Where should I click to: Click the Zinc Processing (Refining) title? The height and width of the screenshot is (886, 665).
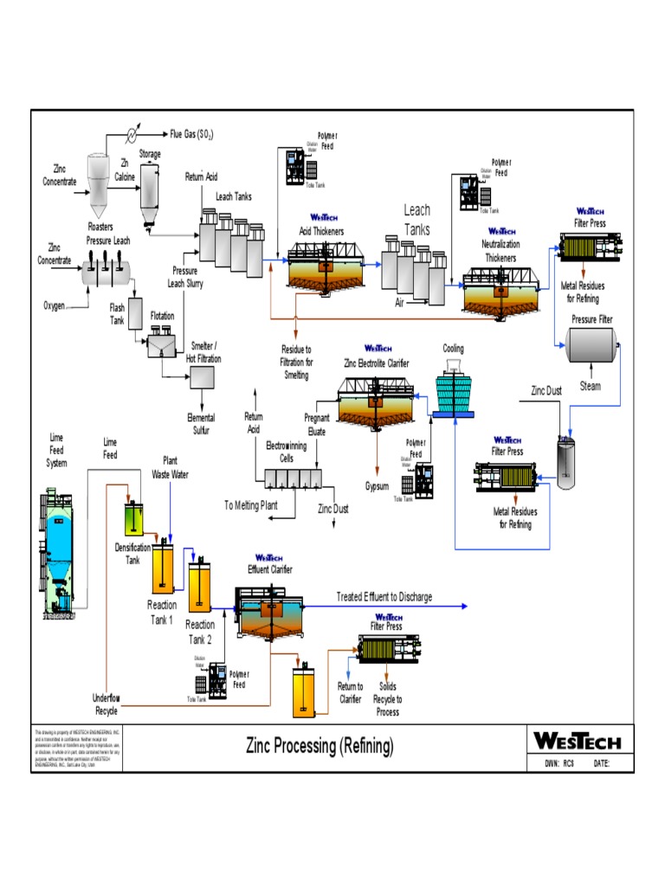tap(320, 744)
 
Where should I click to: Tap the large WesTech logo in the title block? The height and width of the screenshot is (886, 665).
tap(578, 741)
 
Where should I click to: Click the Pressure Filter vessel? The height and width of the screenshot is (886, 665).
tap(591, 348)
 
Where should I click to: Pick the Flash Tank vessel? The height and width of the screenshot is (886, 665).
tap(134, 321)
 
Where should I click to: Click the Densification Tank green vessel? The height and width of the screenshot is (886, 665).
tap(133, 517)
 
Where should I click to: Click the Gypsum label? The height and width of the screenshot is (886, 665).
tap(377, 485)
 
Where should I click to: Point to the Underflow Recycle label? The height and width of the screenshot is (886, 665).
tap(107, 704)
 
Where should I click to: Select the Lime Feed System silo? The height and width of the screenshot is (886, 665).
tap(57, 554)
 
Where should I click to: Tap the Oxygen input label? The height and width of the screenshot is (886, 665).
tap(55, 305)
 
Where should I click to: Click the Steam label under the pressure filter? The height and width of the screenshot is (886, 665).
tap(590, 387)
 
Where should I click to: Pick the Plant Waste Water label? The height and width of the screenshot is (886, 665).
tap(171, 467)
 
